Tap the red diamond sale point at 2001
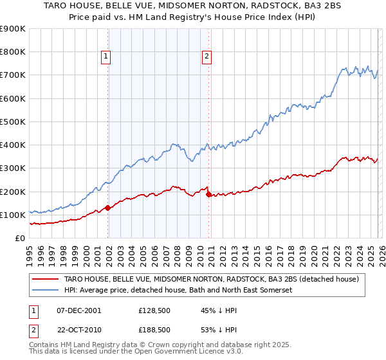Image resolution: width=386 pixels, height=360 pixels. [x=108, y=208]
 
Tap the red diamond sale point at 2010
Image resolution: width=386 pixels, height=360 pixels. [x=208, y=194]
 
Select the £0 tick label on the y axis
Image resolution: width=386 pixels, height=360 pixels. [x=21, y=238]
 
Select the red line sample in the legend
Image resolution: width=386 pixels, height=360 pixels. [x=47, y=279]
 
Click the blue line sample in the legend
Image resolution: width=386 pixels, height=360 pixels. [x=47, y=291]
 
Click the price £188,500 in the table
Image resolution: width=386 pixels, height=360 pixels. [x=154, y=329]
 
